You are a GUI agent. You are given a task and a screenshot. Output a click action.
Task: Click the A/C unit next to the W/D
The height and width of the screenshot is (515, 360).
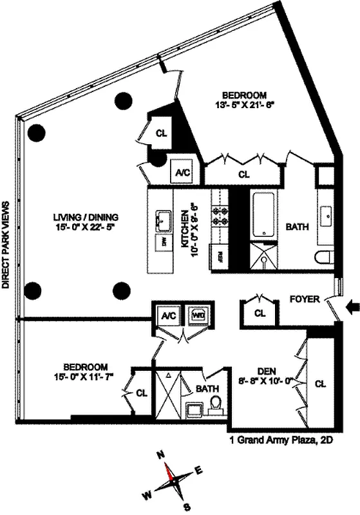click(169, 316)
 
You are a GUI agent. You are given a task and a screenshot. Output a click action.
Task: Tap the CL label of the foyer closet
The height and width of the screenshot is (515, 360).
click(260, 314)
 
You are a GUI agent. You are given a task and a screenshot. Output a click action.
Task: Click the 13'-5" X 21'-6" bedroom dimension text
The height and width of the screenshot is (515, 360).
click(250, 102)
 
